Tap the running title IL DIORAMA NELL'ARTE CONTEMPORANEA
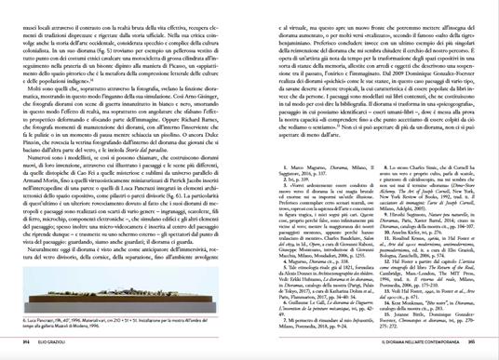point(419,342)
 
